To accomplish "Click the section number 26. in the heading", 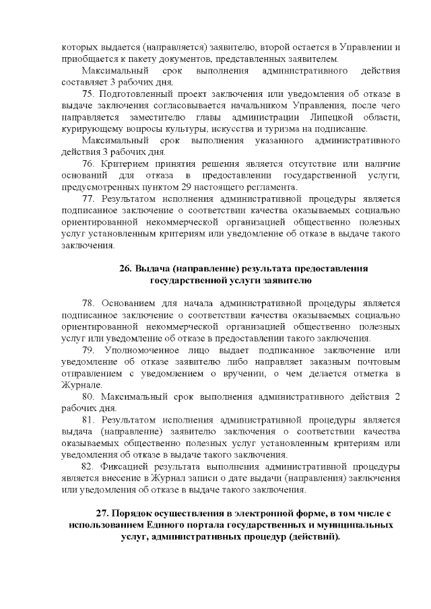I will coord(126,268).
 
